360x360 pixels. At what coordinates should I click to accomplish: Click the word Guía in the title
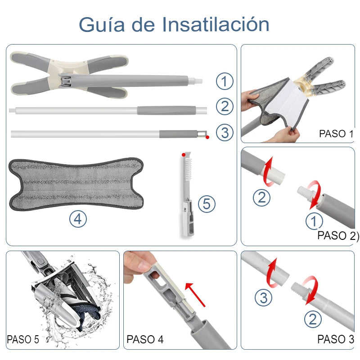102,25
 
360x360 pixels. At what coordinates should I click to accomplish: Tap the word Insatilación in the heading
216,24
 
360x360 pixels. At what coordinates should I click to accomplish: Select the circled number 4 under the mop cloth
78,219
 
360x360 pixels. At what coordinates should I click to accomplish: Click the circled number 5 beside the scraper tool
207,204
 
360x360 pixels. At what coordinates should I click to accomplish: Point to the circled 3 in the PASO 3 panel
264,298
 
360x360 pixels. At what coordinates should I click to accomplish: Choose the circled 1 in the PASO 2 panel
314,221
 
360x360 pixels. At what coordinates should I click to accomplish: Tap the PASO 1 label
336,134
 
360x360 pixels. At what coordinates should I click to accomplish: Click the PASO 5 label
23,339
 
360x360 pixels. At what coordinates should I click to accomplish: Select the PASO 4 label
145,339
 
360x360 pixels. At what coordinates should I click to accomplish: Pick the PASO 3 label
336,339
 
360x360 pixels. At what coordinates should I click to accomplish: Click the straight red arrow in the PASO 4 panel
195,295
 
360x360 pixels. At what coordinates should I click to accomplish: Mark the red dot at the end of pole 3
207,137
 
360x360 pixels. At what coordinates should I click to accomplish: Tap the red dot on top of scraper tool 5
184,155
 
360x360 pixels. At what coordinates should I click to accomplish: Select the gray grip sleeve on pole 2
166,110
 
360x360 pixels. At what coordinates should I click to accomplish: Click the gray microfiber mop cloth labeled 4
76,184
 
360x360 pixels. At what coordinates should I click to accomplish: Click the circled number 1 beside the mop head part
225,81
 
